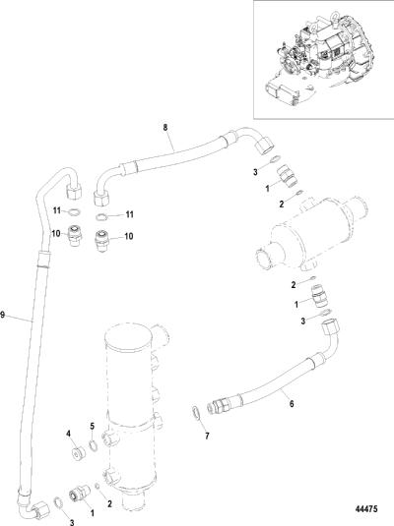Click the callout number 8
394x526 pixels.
pos(165,128)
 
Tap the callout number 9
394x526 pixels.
pos(3,315)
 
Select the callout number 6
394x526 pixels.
pos(292,403)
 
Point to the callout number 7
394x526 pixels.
pos(207,436)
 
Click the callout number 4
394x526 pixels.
pos(69,434)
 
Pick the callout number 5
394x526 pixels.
pos(93,427)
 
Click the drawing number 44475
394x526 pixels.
pos(366,509)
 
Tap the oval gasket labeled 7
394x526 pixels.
pos(196,413)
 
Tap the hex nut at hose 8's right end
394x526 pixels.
pos(265,145)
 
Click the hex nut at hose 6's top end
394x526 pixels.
pos(330,327)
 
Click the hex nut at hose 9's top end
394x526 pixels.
pos(74,192)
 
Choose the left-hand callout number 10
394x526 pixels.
pos(56,233)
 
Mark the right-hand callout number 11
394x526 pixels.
pos(129,214)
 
